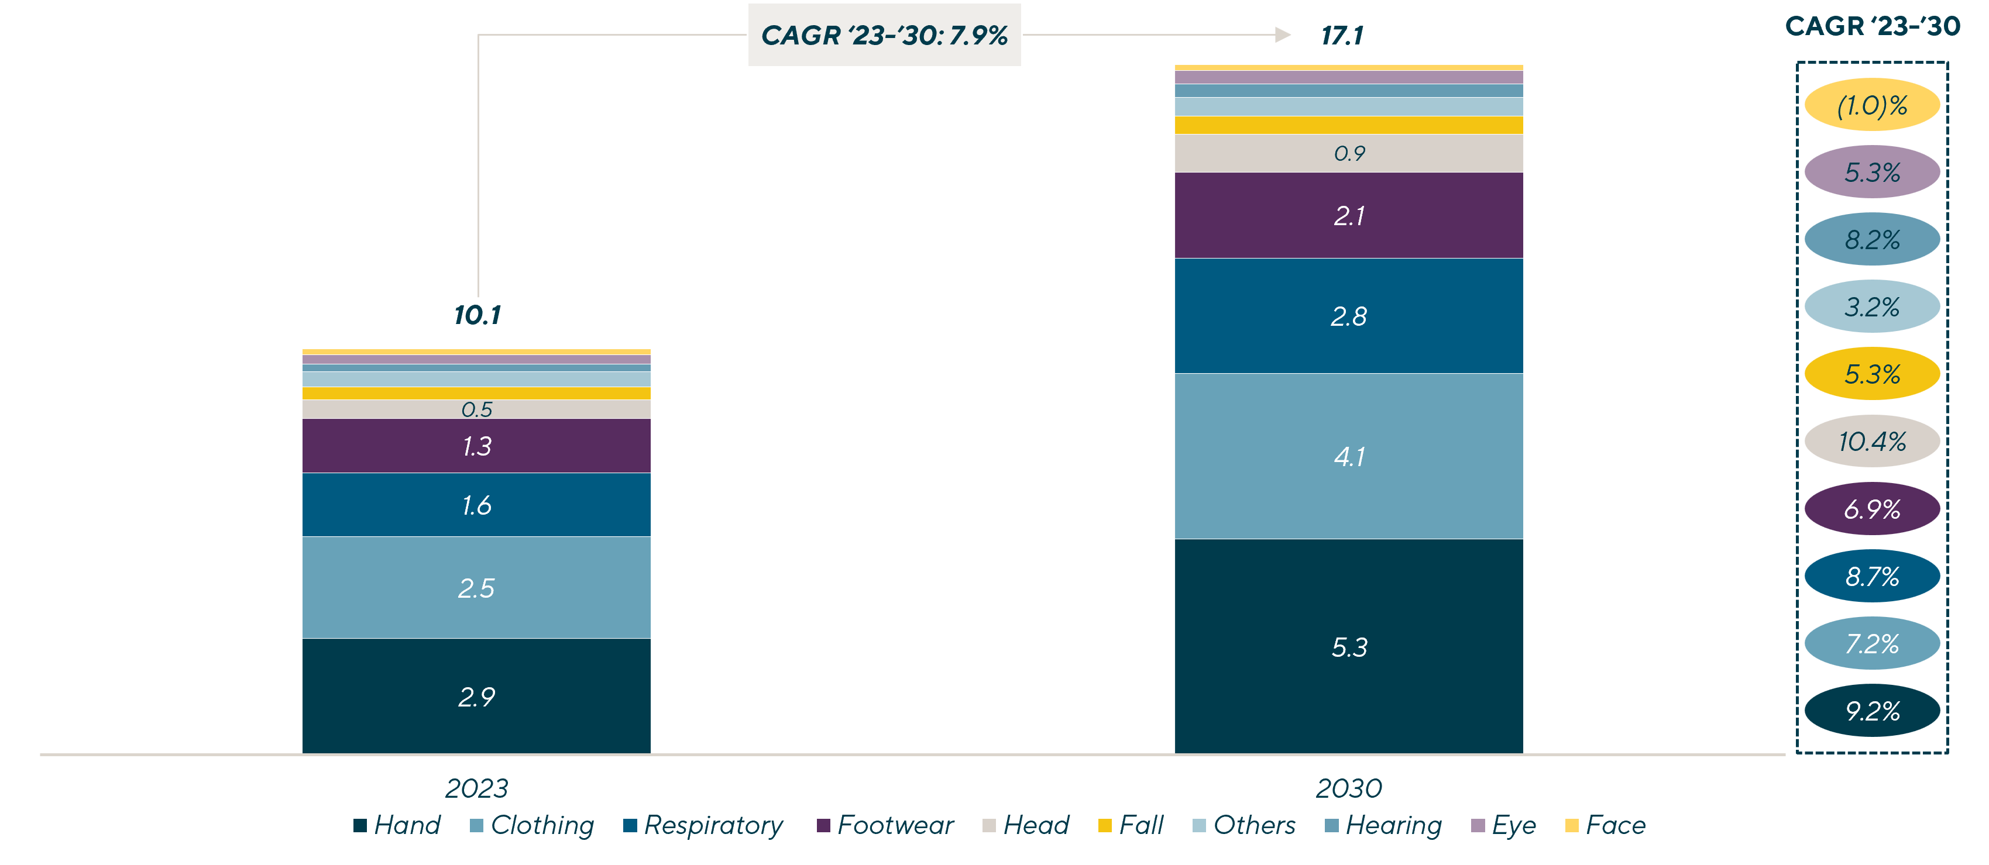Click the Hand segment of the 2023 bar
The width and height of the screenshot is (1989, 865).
click(476, 696)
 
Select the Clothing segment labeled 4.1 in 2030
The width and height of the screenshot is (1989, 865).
click(1348, 456)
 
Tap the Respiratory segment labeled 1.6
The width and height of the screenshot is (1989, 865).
click(476, 505)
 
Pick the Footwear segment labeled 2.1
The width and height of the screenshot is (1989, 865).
click(1348, 215)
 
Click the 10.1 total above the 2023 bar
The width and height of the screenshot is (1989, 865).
click(477, 315)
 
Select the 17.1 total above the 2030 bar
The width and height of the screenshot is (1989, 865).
click(1342, 36)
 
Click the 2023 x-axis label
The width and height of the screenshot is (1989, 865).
click(476, 788)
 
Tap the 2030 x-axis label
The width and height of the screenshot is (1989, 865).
click(1348, 788)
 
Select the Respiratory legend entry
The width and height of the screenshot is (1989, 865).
click(703, 825)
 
